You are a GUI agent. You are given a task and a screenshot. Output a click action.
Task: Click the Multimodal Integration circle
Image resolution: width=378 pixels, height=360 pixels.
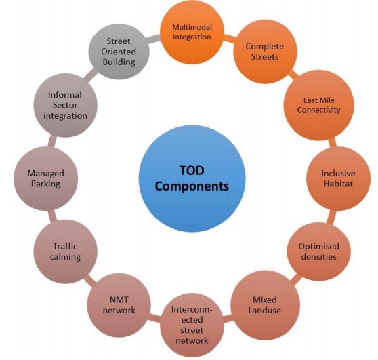coord(192,32)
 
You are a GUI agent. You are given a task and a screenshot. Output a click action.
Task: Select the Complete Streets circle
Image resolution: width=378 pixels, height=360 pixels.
coord(265,52)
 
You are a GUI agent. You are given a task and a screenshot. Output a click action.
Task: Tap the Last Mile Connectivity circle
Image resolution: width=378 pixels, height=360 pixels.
coord(318,105)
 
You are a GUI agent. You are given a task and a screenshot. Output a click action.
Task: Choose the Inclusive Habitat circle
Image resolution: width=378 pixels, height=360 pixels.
coord(338,178)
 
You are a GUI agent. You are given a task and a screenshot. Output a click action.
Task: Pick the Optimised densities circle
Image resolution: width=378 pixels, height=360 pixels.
coord(318,252)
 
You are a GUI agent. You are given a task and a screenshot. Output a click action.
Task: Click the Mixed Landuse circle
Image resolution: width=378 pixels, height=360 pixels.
coord(265,305)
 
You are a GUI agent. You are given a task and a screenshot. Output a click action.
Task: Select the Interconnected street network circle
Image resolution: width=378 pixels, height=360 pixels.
coord(192,325)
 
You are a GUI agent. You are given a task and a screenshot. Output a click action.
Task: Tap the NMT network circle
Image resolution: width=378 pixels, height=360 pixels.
coord(119,305)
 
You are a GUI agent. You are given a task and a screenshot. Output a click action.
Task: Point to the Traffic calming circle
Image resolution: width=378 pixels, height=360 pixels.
coord(65,252)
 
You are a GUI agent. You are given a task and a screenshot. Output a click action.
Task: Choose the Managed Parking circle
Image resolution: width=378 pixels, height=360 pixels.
coord(46,178)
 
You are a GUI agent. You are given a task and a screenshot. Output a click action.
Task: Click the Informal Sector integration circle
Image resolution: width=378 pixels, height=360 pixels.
coord(65,105)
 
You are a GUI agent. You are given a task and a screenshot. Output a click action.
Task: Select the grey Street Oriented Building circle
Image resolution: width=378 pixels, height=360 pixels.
coord(119,52)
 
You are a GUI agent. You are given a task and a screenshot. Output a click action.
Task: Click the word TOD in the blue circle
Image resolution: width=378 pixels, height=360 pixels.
coord(192,170)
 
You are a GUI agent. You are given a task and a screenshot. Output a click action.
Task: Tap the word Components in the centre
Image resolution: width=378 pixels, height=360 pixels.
coord(192,186)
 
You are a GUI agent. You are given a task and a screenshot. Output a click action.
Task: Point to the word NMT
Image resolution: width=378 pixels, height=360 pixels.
coord(119,300)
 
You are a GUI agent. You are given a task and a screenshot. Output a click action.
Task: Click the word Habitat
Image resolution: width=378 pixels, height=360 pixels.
coord(338,184)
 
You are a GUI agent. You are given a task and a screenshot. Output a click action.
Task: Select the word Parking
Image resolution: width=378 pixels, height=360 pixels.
coord(45,184)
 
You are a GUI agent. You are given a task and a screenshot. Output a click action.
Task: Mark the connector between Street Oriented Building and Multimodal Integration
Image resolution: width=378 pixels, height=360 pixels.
coord(154,39)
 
